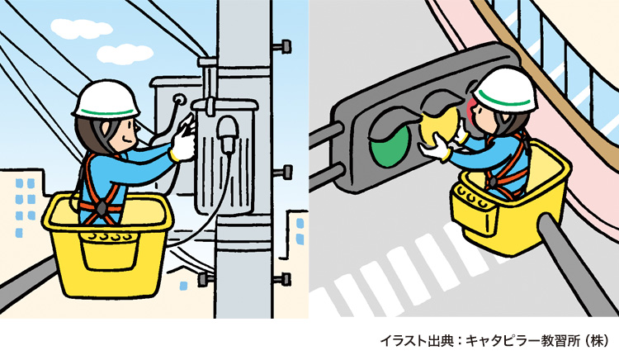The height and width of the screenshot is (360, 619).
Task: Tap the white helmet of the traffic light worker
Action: pyautogui.click(x=505, y=87)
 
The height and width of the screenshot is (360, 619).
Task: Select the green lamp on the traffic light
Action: pyautogui.click(x=390, y=141)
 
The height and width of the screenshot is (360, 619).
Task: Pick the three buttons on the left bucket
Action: pyautogui.click(x=111, y=237)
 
